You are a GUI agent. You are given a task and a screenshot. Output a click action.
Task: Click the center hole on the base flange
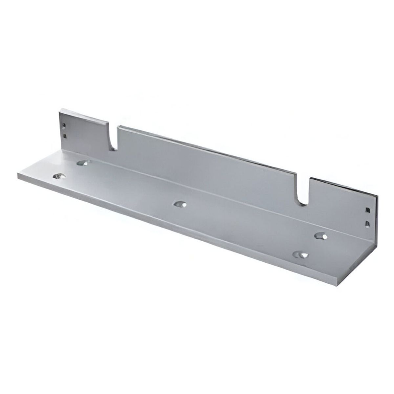(180, 204)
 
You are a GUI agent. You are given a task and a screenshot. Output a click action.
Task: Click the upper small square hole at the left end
(65, 125)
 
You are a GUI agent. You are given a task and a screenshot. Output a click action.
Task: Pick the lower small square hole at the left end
(65, 135)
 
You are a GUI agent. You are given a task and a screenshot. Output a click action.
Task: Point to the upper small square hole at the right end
(367, 209)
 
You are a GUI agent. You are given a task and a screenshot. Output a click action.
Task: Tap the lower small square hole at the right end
(367, 224)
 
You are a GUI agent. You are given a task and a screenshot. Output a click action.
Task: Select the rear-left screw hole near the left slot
(84, 162)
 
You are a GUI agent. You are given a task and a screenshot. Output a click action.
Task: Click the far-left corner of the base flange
(18, 173)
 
